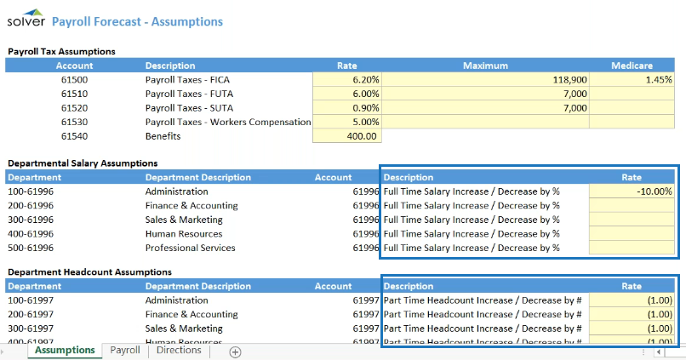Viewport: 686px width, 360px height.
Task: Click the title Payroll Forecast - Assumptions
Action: pos(137,21)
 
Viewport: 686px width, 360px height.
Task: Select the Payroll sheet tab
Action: pos(125,350)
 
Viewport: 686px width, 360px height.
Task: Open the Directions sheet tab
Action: pos(179,350)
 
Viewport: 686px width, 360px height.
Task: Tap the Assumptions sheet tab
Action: pos(65,350)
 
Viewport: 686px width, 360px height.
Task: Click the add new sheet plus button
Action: pos(236,351)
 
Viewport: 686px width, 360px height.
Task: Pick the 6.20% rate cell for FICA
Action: pos(348,79)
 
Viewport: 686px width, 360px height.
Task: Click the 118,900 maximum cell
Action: pos(485,79)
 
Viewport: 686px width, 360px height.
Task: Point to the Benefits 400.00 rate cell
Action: pos(348,136)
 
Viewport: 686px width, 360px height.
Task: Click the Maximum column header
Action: pos(485,66)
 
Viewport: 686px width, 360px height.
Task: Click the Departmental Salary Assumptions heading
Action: pos(83,163)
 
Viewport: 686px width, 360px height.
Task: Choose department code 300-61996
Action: pos(31,220)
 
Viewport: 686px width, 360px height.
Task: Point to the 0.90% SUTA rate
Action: pos(348,108)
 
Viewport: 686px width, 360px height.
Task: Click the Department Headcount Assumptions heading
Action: pos(89,272)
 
